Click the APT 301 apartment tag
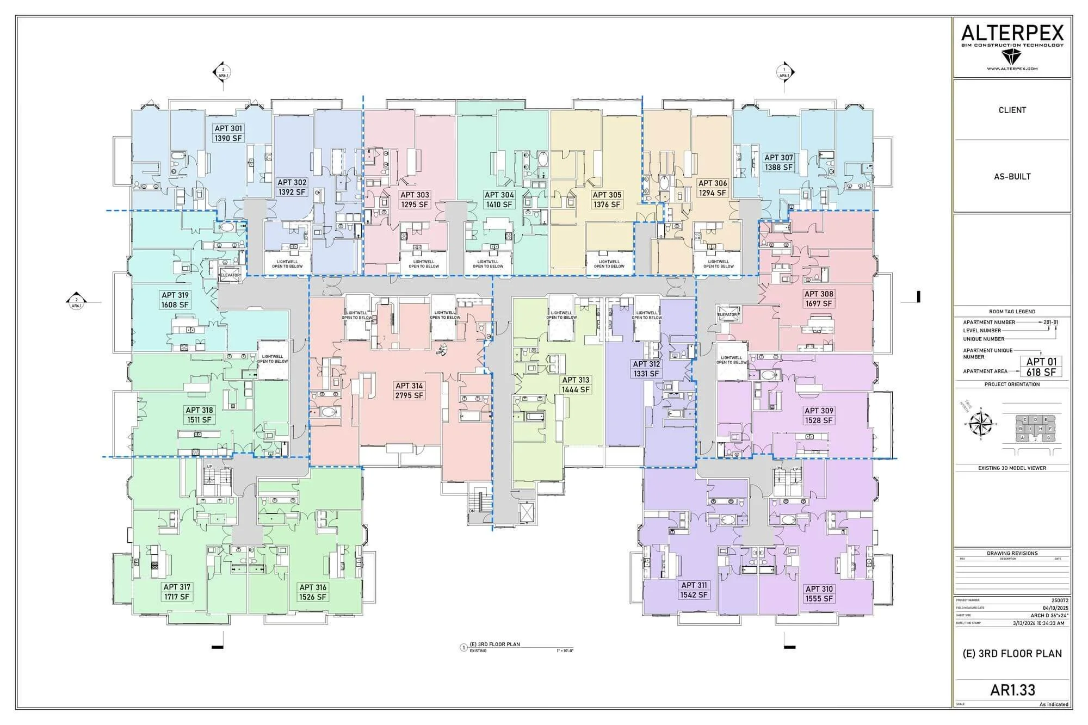[x=228, y=133]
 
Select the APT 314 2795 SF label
[x=409, y=391]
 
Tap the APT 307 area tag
[x=778, y=162]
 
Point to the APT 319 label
[x=175, y=300]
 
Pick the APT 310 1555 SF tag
[x=819, y=593]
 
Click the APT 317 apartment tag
[x=177, y=592]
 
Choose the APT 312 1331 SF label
[x=646, y=369]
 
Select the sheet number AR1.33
[x=1012, y=690]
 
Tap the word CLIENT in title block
[x=1012, y=110]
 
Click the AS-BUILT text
[x=1012, y=176]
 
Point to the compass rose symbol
[x=982, y=424]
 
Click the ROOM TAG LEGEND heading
[x=1012, y=312]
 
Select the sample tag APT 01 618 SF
[x=1041, y=367]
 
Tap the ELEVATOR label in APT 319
[x=230, y=275]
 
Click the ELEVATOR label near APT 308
[x=727, y=315]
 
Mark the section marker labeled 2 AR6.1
[x=77, y=302]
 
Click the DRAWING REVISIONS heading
[x=1012, y=553]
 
